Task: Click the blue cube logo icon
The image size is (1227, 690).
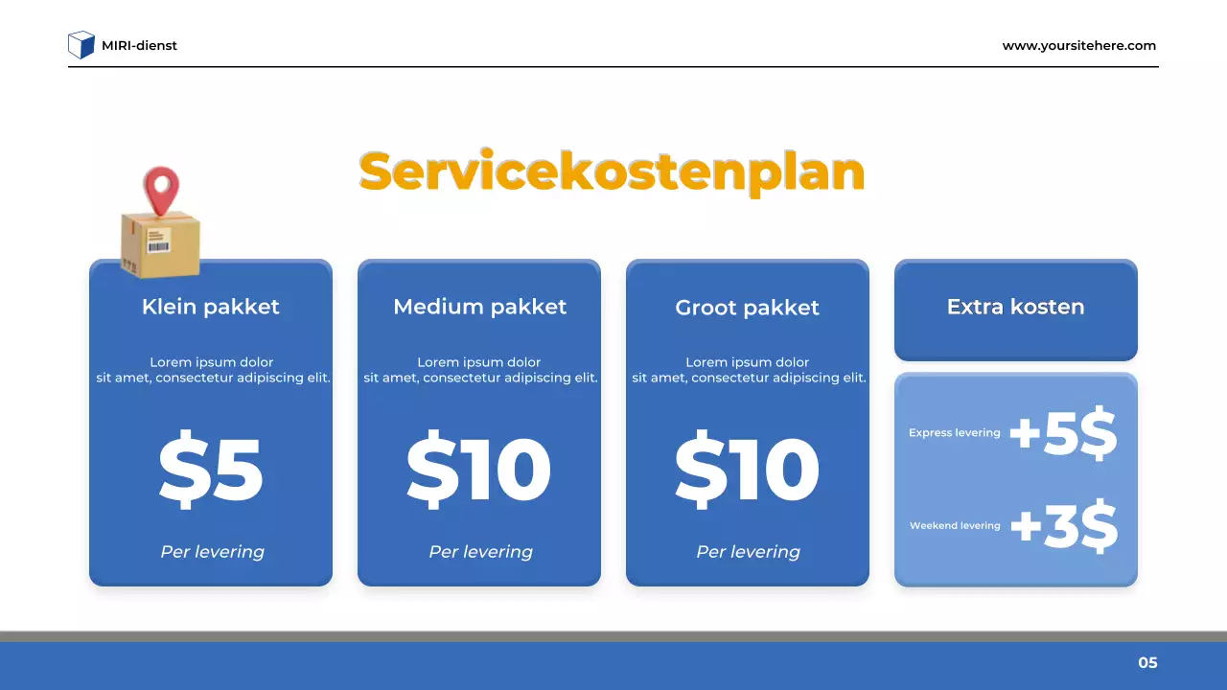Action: tap(81, 45)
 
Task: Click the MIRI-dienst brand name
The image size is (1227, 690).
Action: tap(139, 45)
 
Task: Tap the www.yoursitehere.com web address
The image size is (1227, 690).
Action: tap(1078, 45)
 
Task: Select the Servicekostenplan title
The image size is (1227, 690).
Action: tap(612, 172)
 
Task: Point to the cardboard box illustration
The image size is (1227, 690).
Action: tap(159, 244)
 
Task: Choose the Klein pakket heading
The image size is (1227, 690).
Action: tap(211, 307)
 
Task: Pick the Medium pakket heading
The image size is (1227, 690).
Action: tap(479, 307)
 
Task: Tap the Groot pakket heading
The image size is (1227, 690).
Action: tap(748, 308)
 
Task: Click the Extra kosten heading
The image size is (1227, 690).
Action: tap(1015, 307)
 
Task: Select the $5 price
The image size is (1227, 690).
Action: tap(211, 470)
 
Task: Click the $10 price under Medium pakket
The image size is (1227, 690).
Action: tap(479, 470)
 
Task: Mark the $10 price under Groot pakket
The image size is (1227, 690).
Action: tap(748, 470)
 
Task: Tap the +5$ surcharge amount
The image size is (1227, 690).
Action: tap(1064, 434)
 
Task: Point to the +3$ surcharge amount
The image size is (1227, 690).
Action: tap(1064, 526)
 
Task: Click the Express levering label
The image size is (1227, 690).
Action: tap(954, 433)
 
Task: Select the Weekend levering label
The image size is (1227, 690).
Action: tap(954, 526)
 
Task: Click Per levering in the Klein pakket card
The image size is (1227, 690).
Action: tap(212, 552)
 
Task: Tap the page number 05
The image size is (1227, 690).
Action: tap(1147, 662)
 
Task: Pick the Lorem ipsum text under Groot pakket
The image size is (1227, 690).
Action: tap(748, 370)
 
